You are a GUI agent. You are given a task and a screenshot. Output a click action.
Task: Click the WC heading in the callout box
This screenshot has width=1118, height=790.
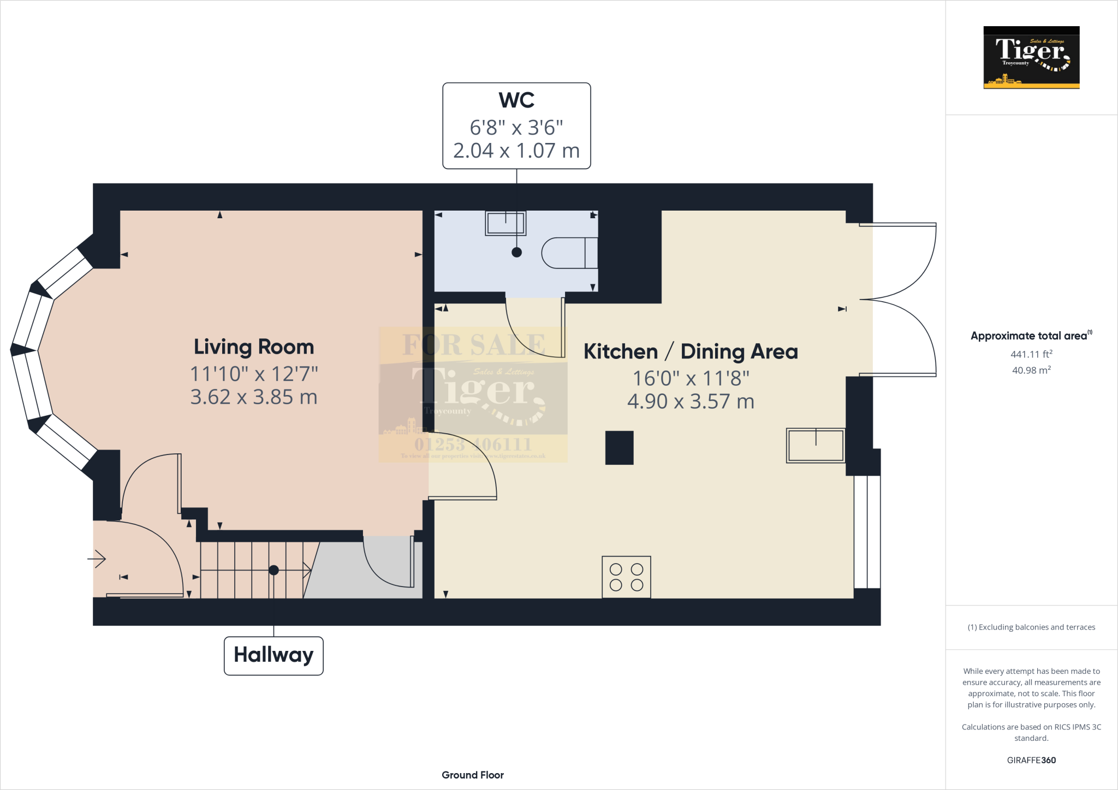click(x=516, y=100)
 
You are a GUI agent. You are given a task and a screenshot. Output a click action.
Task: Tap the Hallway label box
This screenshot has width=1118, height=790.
click(x=273, y=655)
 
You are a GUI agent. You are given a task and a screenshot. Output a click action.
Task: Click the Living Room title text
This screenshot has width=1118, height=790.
click(x=254, y=347)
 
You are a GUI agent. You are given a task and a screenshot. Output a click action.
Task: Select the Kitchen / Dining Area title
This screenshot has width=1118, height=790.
click(x=691, y=352)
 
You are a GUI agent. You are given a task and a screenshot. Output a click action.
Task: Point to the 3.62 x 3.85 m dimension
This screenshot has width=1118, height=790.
click(x=254, y=397)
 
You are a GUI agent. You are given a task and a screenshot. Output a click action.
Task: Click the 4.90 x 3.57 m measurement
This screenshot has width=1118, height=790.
click(x=691, y=402)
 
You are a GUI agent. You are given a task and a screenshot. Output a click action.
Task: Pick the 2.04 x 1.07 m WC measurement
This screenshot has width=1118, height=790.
click(x=516, y=151)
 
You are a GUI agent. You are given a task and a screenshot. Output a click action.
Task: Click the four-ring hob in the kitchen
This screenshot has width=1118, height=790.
click(x=626, y=577)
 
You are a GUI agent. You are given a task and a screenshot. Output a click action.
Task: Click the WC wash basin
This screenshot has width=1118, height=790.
click(x=506, y=223)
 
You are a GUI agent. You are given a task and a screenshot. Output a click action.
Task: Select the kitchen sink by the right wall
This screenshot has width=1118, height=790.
click(x=816, y=445)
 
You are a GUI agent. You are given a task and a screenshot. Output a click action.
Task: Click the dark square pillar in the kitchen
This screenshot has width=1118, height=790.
click(x=619, y=448)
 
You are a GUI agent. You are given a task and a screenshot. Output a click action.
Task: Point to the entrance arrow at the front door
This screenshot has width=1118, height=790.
click(x=97, y=559)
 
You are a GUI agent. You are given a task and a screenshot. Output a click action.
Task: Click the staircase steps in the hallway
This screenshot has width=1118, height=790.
click(x=251, y=570)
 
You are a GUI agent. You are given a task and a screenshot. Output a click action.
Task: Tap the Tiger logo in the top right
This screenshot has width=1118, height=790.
click(x=1031, y=57)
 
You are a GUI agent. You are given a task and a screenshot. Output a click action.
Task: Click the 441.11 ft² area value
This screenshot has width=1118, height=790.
click(x=1031, y=354)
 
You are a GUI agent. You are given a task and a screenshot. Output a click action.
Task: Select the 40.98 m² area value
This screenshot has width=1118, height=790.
click(x=1031, y=370)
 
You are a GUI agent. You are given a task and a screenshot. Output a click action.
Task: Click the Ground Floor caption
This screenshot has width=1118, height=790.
click(x=473, y=775)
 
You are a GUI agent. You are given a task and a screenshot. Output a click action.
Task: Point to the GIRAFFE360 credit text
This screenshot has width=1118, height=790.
click(x=1031, y=760)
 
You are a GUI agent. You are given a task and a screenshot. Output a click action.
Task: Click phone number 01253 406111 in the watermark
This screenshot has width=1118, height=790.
click(x=473, y=444)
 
